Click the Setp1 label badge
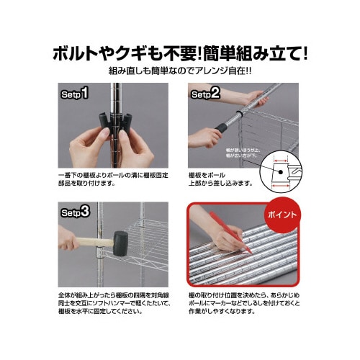(73, 94)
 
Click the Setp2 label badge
(206, 94)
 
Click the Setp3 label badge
(74, 213)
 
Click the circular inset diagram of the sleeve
(287, 171)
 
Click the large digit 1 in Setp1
(84, 94)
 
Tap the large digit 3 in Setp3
(85, 212)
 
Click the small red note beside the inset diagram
(248, 151)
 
